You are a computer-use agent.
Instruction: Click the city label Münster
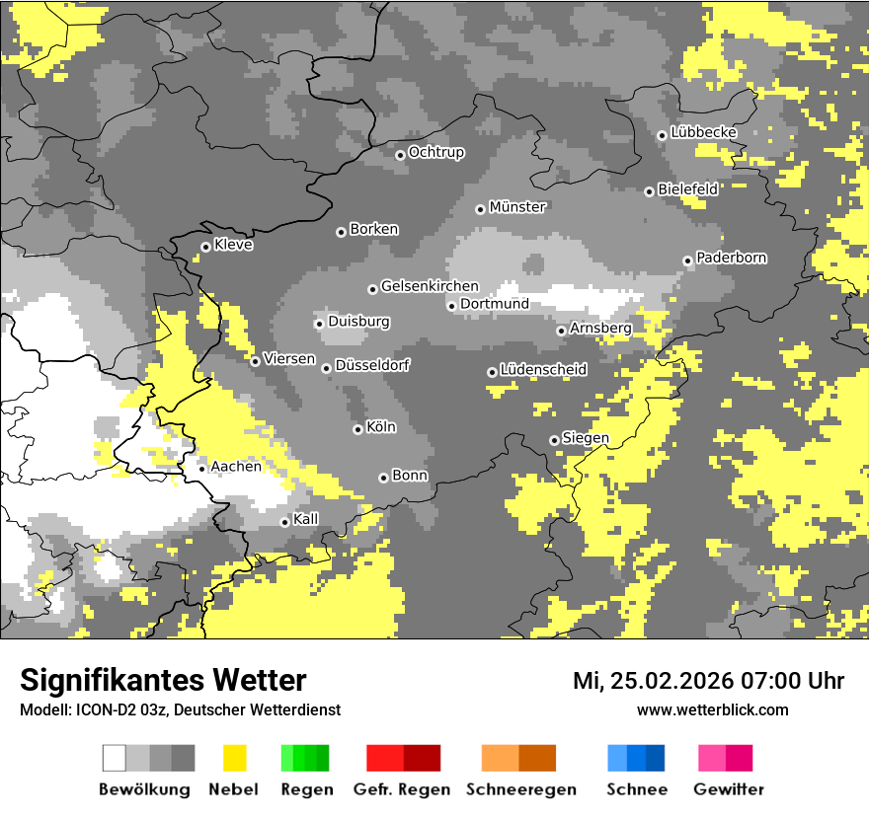coord(517,207)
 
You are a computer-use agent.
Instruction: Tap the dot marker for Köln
coord(357,429)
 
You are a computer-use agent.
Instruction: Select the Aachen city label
coord(236,467)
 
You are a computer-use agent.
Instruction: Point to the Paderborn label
coord(732,259)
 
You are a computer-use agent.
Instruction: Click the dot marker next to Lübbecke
coord(662,135)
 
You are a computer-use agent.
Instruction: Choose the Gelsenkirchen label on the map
coord(430,287)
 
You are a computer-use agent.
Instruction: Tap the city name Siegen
coord(586,438)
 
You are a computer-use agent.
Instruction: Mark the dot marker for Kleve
coord(205,247)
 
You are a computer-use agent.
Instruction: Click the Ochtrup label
coord(436,153)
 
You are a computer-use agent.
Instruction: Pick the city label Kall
coord(306,519)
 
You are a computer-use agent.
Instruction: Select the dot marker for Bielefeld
coord(649,191)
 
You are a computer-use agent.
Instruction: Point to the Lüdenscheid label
coord(543,370)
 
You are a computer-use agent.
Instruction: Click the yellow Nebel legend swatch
coord(234,758)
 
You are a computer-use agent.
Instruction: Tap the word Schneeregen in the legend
coord(521,789)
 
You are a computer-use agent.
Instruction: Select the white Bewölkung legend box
coord(115,758)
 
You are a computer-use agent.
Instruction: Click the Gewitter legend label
coord(728,789)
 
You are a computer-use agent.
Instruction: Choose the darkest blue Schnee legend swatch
coord(656,758)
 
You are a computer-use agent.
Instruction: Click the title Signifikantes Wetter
coord(163,681)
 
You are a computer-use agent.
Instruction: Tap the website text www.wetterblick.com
coord(712,709)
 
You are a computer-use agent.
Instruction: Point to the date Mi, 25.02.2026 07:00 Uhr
coord(708,681)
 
